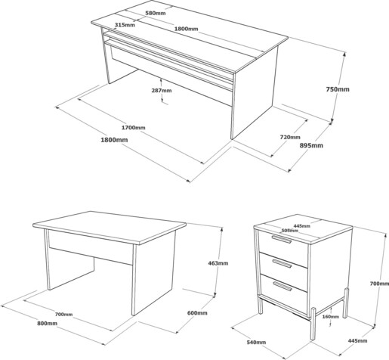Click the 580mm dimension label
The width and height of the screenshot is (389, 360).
pos(156,13)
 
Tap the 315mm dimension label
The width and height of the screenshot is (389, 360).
pos(125,25)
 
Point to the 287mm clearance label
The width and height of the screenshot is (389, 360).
pos(162,90)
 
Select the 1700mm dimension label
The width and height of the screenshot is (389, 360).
pos(134,128)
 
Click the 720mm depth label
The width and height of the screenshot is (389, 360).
pos(290,137)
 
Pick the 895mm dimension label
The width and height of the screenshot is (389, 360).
pos(311,145)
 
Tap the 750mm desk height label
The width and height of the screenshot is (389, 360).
pos(338,89)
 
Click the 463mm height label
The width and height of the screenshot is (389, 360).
pos(218,263)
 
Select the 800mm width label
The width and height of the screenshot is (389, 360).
pos(48,323)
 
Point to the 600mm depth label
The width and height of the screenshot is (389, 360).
pos(197,313)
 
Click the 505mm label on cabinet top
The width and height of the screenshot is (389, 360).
pos(289,231)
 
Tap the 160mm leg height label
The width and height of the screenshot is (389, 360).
pos(331,317)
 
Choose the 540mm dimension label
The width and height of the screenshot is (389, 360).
pos(256,342)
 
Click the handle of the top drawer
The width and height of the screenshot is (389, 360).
pos(281,239)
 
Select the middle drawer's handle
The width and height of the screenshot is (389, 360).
pos(282,264)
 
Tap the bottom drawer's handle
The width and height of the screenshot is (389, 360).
pos(282,287)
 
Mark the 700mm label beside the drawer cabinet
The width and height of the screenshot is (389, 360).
pos(379,284)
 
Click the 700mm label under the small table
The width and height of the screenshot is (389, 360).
pos(63,315)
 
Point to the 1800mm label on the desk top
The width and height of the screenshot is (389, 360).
pos(187,29)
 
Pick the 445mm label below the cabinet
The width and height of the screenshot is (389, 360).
pos(357,341)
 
